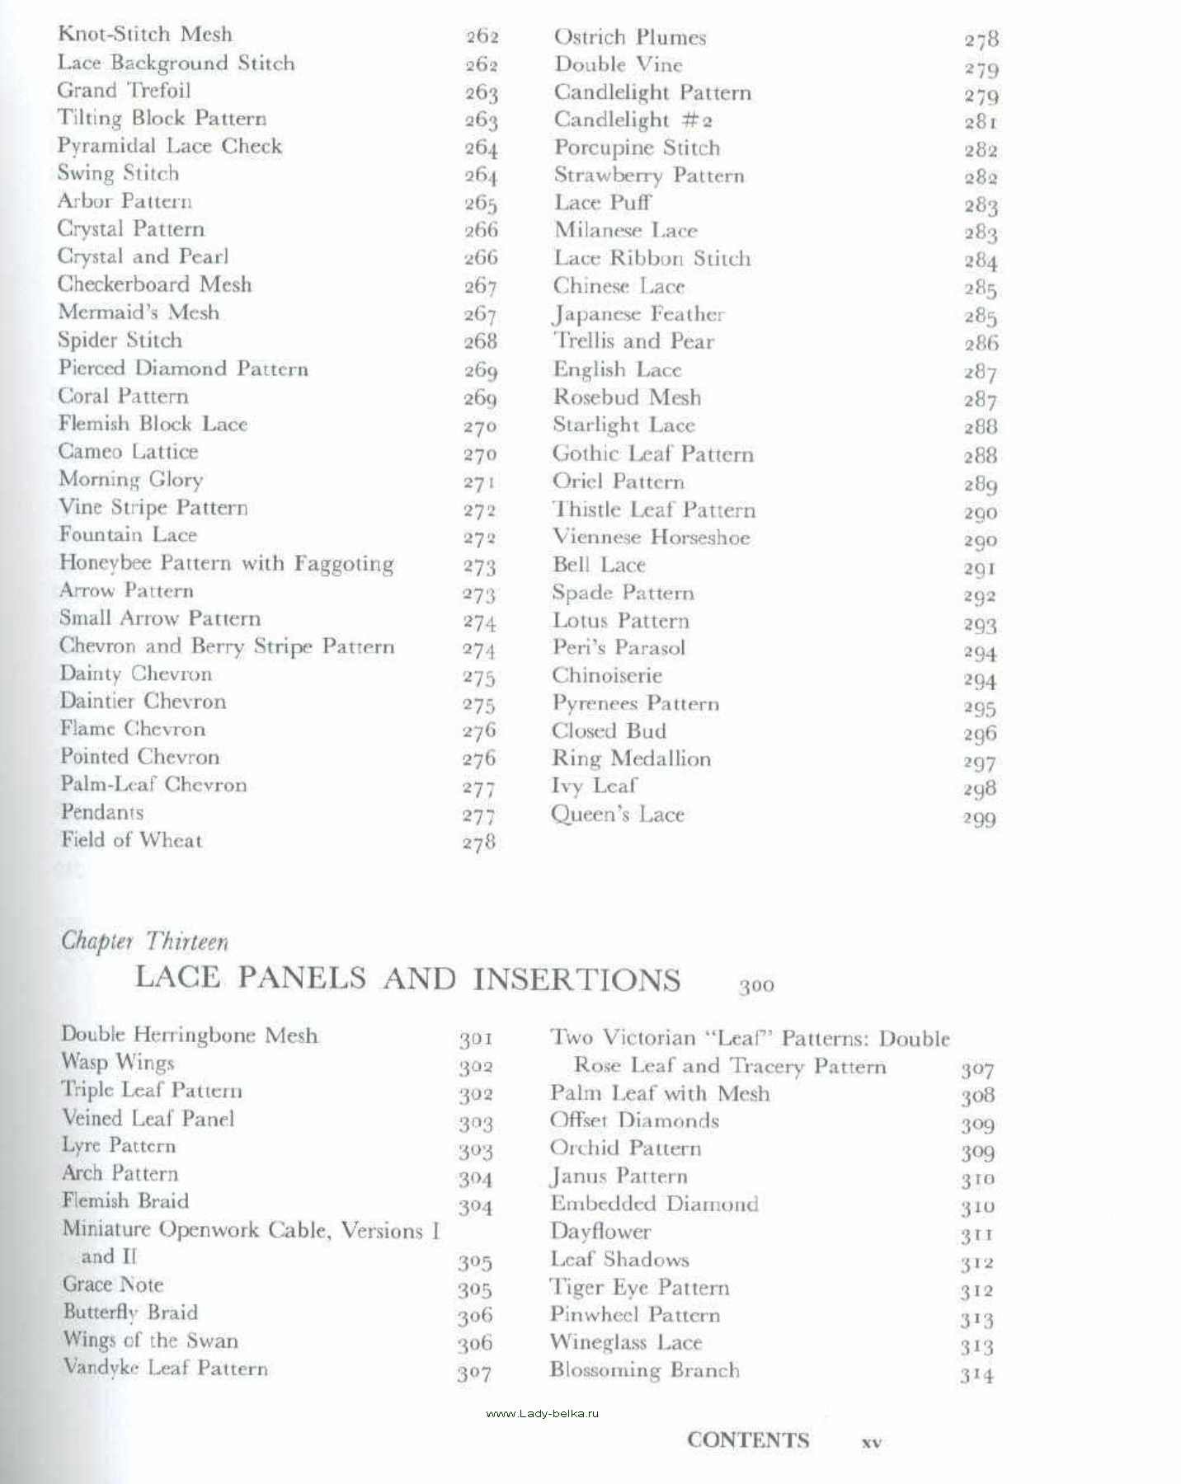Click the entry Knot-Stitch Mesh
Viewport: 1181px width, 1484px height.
pos(145,35)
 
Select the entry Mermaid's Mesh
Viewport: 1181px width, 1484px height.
pos(139,312)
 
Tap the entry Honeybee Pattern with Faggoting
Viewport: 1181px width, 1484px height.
pos(226,563)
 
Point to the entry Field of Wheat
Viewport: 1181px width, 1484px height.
pos(131,840)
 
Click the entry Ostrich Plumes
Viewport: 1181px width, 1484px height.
pos(629,37)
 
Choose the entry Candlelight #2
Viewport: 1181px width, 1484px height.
pos(633,120)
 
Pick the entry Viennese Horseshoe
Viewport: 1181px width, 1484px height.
pos(651,538)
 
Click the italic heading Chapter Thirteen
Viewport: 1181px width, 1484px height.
pos(144,942)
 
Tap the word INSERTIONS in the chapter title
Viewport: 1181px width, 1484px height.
pos(576,979)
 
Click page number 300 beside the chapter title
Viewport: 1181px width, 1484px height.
pos(756,985)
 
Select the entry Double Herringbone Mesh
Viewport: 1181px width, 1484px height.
pos(189,1036)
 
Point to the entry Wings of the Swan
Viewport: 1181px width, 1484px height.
pos(150,1341)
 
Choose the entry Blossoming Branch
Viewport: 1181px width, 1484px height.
pos(644,1370)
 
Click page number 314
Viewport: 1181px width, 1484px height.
pos(976,1375)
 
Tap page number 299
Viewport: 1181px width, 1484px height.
pos(979,819)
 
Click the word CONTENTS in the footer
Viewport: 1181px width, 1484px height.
pos(747,1440)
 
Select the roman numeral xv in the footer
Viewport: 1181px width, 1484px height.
pos(871,1443)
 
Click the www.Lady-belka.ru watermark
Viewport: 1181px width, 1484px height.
pos(542,1413)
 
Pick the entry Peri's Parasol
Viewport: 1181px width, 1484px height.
pos(618,648)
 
